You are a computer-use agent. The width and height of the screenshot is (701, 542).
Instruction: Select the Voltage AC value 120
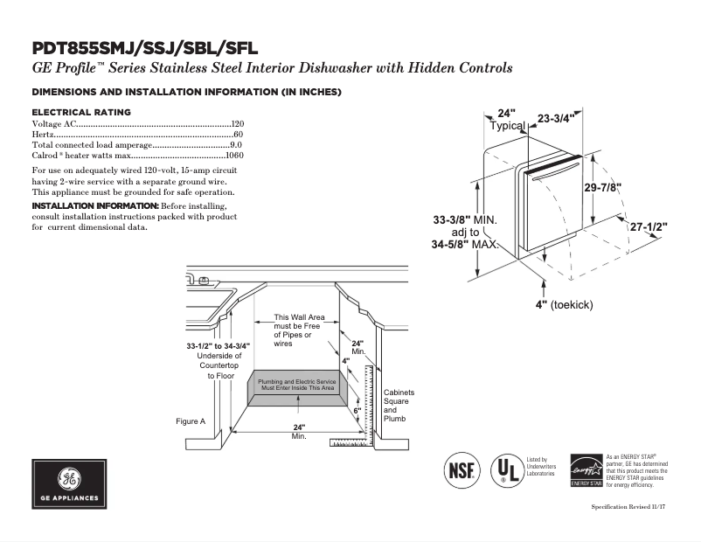click(x=237, y=124)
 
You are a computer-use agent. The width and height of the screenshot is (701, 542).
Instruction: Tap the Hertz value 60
click(x=239, y=135)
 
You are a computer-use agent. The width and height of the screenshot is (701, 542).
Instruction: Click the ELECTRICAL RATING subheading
click(x=81, y=112)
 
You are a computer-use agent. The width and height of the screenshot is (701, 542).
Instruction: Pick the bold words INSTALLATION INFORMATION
click(x=94, y=205)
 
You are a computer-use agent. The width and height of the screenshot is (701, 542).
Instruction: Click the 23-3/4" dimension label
click(x=556, y=118)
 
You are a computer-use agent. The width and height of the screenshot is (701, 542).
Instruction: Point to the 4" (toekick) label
click(x=565, y=304)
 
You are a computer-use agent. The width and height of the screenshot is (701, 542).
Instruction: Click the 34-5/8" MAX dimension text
click(x=464, y=245)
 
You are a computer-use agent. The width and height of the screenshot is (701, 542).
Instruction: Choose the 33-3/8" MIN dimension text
click(x=464, y=219)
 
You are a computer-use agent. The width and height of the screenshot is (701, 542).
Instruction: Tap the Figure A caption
click(x=191, y=421)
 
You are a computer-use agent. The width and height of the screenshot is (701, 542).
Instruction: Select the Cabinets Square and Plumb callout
click(x=399, y=406)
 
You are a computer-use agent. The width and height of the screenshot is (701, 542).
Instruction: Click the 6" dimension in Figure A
click(x=357, y=409)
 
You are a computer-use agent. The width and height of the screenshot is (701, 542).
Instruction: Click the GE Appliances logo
click(x=69, y=484)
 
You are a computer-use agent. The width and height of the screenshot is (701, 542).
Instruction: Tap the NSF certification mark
click(x=462, y=469)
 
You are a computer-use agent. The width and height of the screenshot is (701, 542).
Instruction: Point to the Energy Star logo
click(x=586, y=470)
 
